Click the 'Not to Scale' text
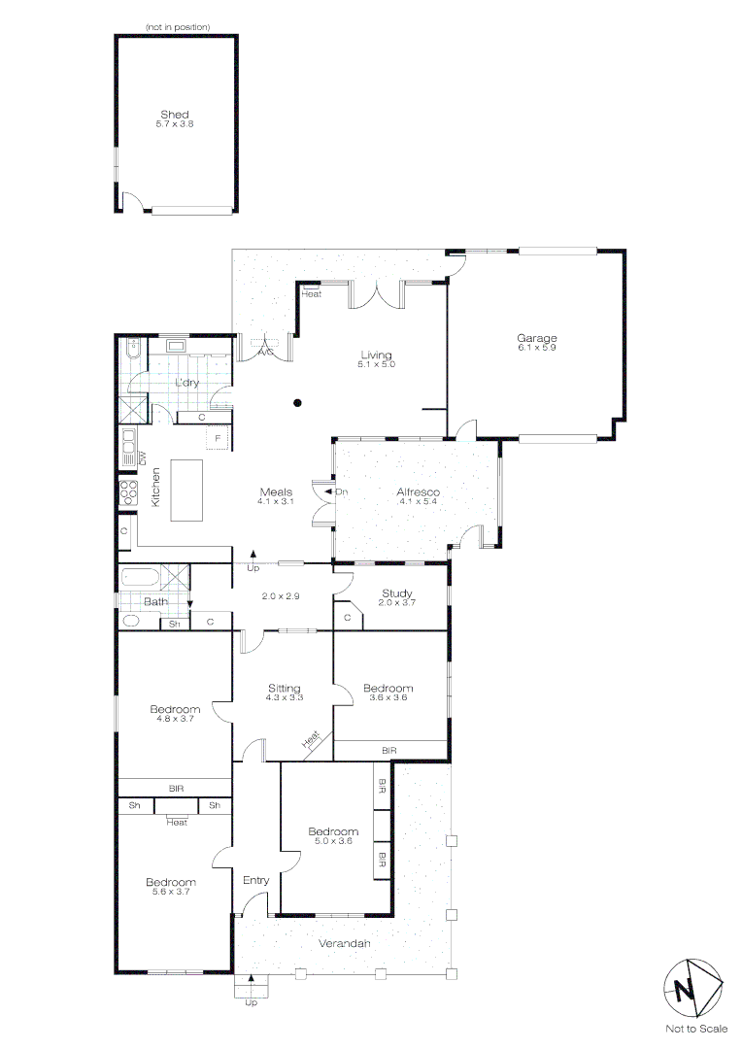695,1029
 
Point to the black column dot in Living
299,402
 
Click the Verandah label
344,943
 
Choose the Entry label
255,880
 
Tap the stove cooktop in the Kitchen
127,491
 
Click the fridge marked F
219,439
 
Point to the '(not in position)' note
178,26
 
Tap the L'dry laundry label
186,383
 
